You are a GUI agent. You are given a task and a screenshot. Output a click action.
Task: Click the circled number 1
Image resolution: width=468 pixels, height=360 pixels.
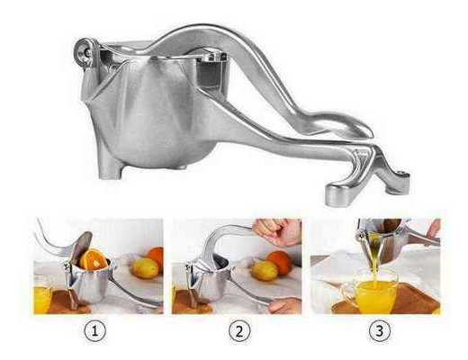point(94,331)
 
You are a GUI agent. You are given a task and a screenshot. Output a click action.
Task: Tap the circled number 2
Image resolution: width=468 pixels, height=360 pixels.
point(239,331)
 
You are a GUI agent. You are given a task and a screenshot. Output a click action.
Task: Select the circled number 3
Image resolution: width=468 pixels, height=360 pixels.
point(379,331)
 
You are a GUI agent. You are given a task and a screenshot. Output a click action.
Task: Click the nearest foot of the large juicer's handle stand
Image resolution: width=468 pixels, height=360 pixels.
point(339,194)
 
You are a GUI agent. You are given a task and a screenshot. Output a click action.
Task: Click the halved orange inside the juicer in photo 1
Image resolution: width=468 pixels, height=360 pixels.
point(93,259)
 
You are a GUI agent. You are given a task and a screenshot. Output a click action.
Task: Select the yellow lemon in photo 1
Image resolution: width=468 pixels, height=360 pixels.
point(145,268)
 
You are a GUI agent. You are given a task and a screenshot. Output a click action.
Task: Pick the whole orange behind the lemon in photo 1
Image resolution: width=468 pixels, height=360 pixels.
point(157,257)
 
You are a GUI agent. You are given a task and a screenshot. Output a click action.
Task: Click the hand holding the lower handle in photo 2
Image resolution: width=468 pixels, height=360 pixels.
point(285,305)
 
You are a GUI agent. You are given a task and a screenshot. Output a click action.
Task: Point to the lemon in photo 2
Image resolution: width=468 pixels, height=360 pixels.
point(264,271)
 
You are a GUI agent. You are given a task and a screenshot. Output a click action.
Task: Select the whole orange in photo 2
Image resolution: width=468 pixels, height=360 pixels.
point(280,262)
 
